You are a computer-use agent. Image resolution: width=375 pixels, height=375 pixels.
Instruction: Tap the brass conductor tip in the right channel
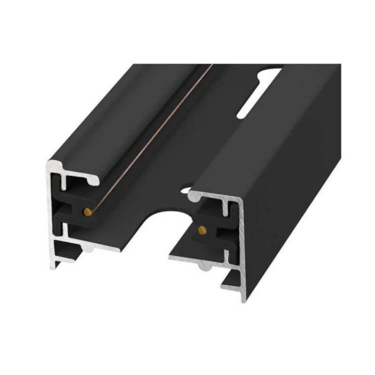pos(200,229)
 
